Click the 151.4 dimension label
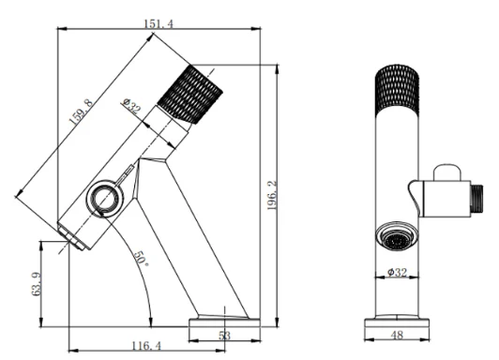point(159,23)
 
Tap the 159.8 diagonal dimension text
point(82,112)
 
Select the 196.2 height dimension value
point(272,195)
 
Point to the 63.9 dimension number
point(37,284)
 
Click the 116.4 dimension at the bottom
point(146,345)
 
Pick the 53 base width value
point(224,336)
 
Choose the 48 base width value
point(397,335)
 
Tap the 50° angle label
point(142,259)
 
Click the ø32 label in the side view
point(131,106)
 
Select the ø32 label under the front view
point(397,272)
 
